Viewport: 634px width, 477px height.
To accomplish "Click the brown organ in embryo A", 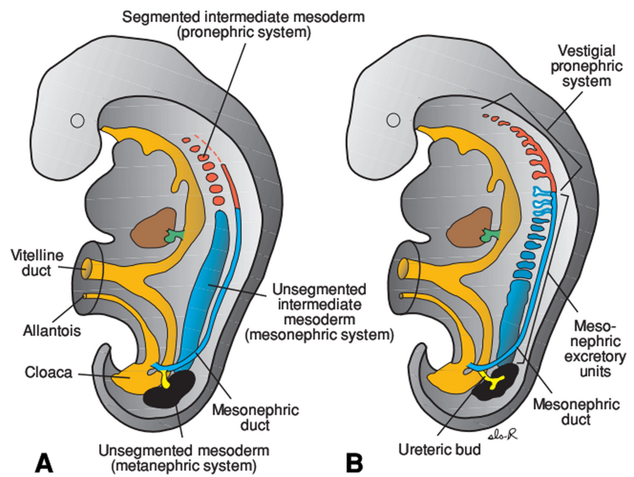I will [x=152, y=227].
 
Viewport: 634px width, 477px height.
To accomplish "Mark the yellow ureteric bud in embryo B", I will [x=494, y=383].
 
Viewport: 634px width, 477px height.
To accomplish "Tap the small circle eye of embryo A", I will [x=76, y=121].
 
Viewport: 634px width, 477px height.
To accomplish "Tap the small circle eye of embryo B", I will [x=393, y=121].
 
